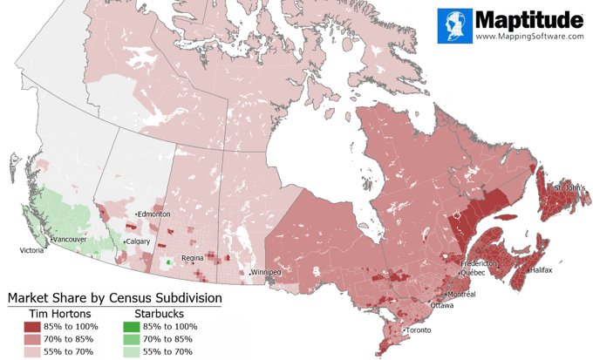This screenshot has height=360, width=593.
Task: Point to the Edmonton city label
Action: click(154, 214)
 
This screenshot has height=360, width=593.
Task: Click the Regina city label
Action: click(192, 259)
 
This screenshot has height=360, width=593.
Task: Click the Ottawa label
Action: click(441, 305)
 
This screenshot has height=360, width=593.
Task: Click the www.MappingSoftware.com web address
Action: click(528, 37)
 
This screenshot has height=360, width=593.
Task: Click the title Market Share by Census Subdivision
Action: click(114, 298)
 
